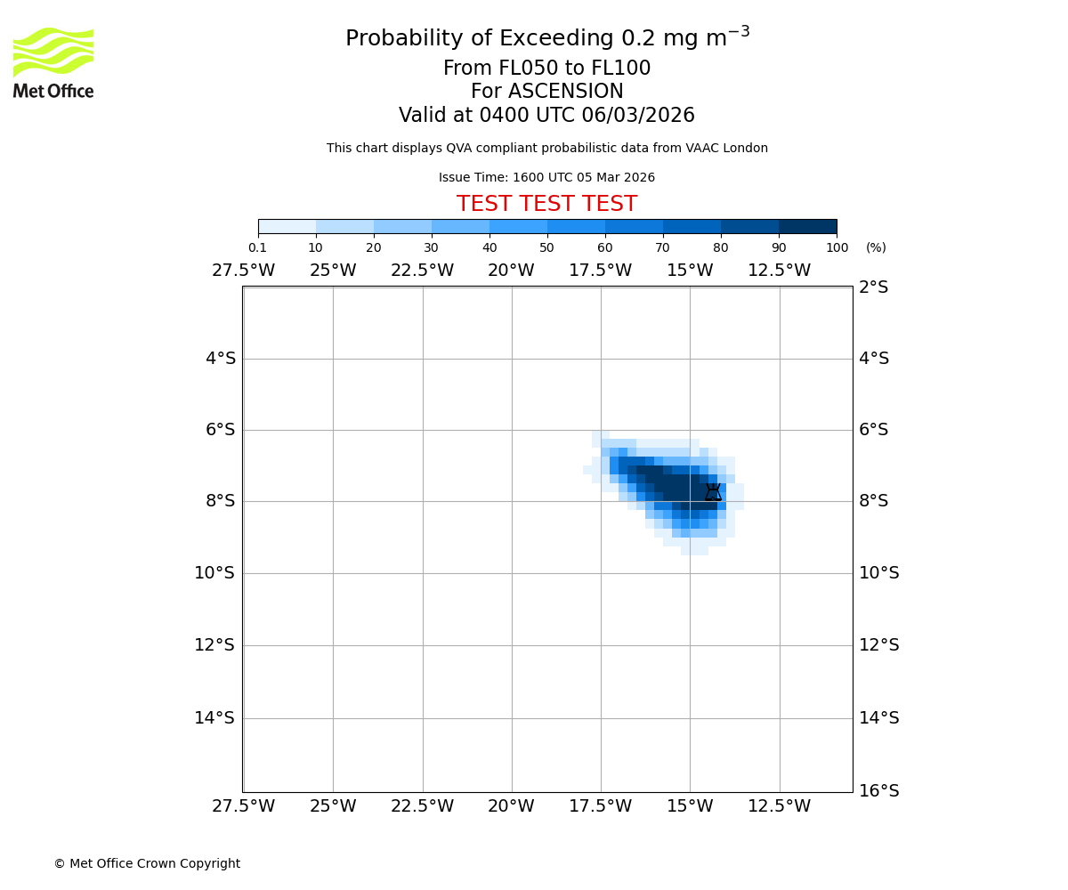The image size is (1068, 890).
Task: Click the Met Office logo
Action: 53,62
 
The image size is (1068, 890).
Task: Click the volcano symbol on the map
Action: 713,492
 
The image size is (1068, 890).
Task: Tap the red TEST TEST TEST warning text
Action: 546,205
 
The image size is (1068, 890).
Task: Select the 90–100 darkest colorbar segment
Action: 807,226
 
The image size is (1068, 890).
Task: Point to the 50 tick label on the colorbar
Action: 546,247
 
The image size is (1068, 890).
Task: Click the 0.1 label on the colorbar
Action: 257,247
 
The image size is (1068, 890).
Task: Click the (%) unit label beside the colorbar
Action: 876,247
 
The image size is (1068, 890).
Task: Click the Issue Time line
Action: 546,178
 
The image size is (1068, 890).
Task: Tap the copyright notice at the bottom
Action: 147,863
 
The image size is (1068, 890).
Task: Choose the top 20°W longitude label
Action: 511,271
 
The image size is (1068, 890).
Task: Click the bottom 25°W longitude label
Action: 333,806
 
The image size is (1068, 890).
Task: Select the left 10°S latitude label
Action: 214,573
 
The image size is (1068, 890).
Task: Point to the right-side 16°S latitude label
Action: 878,791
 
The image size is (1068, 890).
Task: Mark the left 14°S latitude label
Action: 214,718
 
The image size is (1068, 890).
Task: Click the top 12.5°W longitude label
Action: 779,271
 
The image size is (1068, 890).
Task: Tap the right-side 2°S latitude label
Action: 873,287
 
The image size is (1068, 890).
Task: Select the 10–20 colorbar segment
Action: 344,226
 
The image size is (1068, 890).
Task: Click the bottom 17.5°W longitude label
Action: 600,806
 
